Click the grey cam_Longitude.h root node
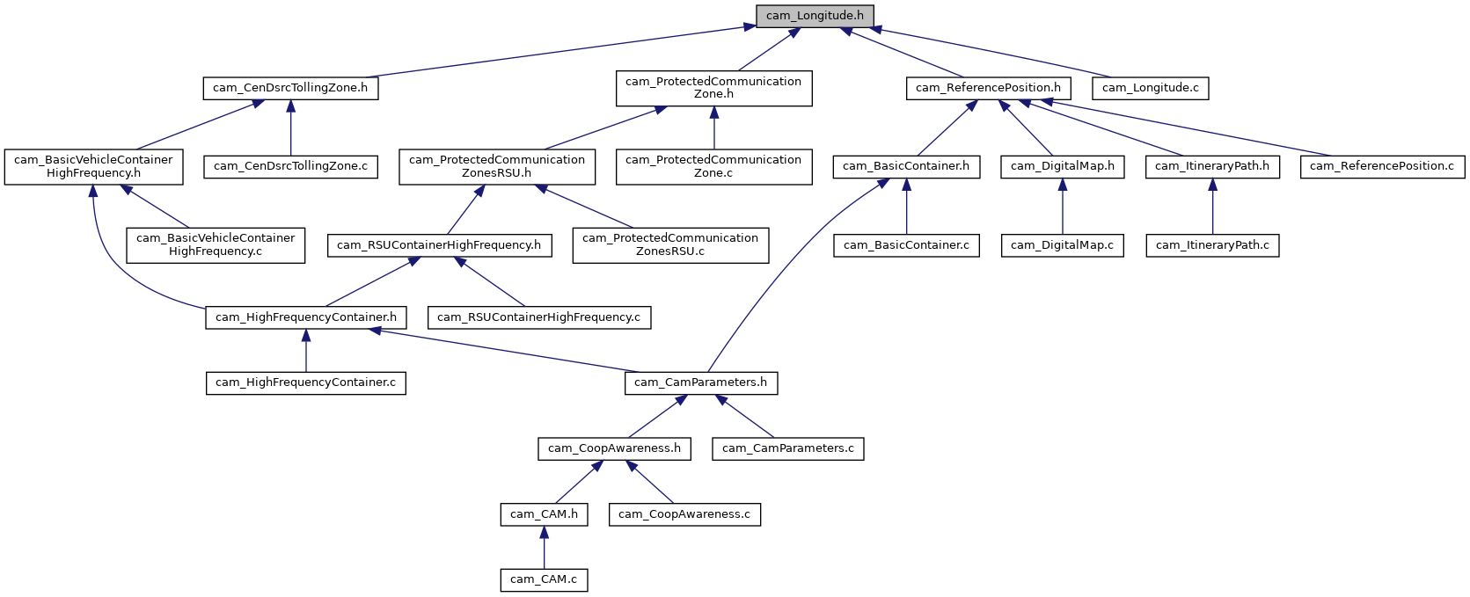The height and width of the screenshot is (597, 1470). [x=815, y=16]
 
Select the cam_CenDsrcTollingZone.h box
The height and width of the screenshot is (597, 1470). [x=290, y=88]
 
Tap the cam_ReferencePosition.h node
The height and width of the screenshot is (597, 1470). [x=988, y=88]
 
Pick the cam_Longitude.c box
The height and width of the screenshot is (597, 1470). [x=1150, y=88]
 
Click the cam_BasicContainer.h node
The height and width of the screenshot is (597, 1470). [x=906, y=166]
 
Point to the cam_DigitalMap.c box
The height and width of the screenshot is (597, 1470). [x=1062, y=245]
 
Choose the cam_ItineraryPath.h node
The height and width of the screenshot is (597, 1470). [x=1212, y=166]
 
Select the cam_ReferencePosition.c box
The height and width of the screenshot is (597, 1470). [x=1382, y=166]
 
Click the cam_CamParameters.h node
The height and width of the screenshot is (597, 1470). [x=701, y=382]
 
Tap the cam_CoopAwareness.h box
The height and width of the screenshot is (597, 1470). [x=614, y=448]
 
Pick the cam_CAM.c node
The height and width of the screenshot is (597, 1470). [x=544, y=580]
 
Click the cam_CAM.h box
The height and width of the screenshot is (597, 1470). [x=544, y=514]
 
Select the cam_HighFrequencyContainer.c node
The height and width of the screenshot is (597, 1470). [x=305, y=382]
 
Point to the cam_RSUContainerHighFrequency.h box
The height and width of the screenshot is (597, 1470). [x=439, y=245]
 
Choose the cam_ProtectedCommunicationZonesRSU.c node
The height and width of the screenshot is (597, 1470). [x=670, y=245]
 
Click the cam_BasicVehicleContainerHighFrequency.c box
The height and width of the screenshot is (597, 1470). [x=216, y=245]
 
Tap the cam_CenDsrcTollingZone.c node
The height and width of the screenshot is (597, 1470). [x=290, y=166]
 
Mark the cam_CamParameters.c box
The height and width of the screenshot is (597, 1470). [x=787, y=448]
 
